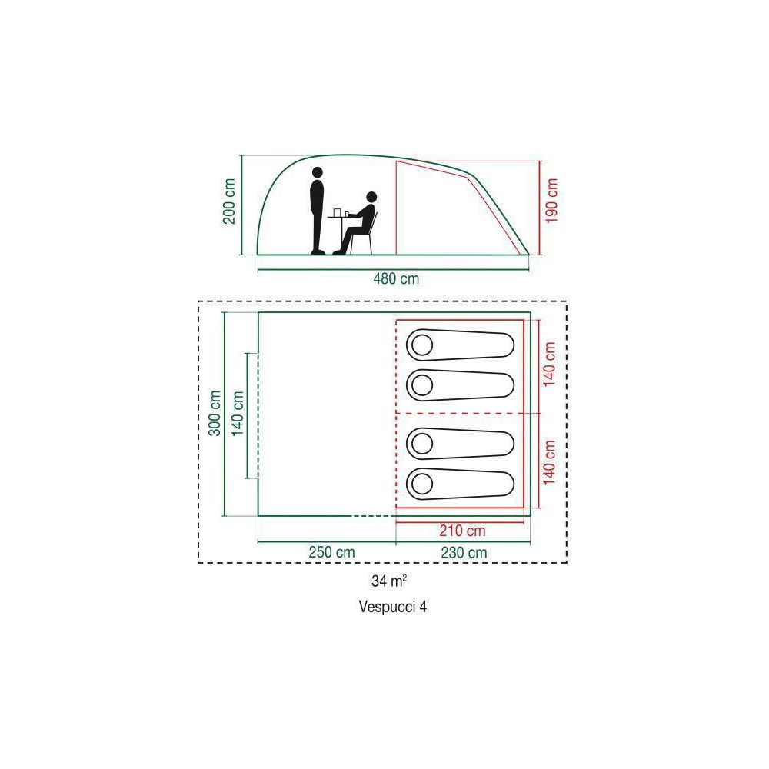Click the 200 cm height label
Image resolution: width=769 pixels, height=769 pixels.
pos(229,201)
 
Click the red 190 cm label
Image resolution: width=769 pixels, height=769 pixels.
pos(551,200)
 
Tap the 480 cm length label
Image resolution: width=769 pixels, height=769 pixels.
pos(396,279)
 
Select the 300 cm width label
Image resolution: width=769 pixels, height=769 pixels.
pos(215,413)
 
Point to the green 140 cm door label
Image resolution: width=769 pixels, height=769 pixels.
pos(238,414)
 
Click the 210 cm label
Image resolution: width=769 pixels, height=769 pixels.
pos(462,530)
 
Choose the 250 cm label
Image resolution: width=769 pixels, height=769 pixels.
pos(331,551)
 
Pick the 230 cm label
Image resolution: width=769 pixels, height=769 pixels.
pos(464,552)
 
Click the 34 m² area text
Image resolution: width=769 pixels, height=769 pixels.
pos(389,581)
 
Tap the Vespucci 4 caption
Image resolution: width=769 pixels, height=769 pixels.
pos(393,607)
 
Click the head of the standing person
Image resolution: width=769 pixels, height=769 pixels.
pos(318,172)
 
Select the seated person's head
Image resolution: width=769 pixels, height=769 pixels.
pos(371,197)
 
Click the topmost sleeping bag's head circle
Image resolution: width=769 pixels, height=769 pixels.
pos(421,345)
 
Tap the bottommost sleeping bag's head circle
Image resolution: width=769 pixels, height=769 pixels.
pos(421,484)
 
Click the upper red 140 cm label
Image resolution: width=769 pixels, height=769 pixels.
pos(549,365)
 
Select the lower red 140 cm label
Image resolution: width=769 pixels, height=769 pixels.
pos(549,462)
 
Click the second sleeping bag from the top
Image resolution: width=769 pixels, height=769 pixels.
pos(460,385)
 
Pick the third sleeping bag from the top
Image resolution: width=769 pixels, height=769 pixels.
pos(460,444)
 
